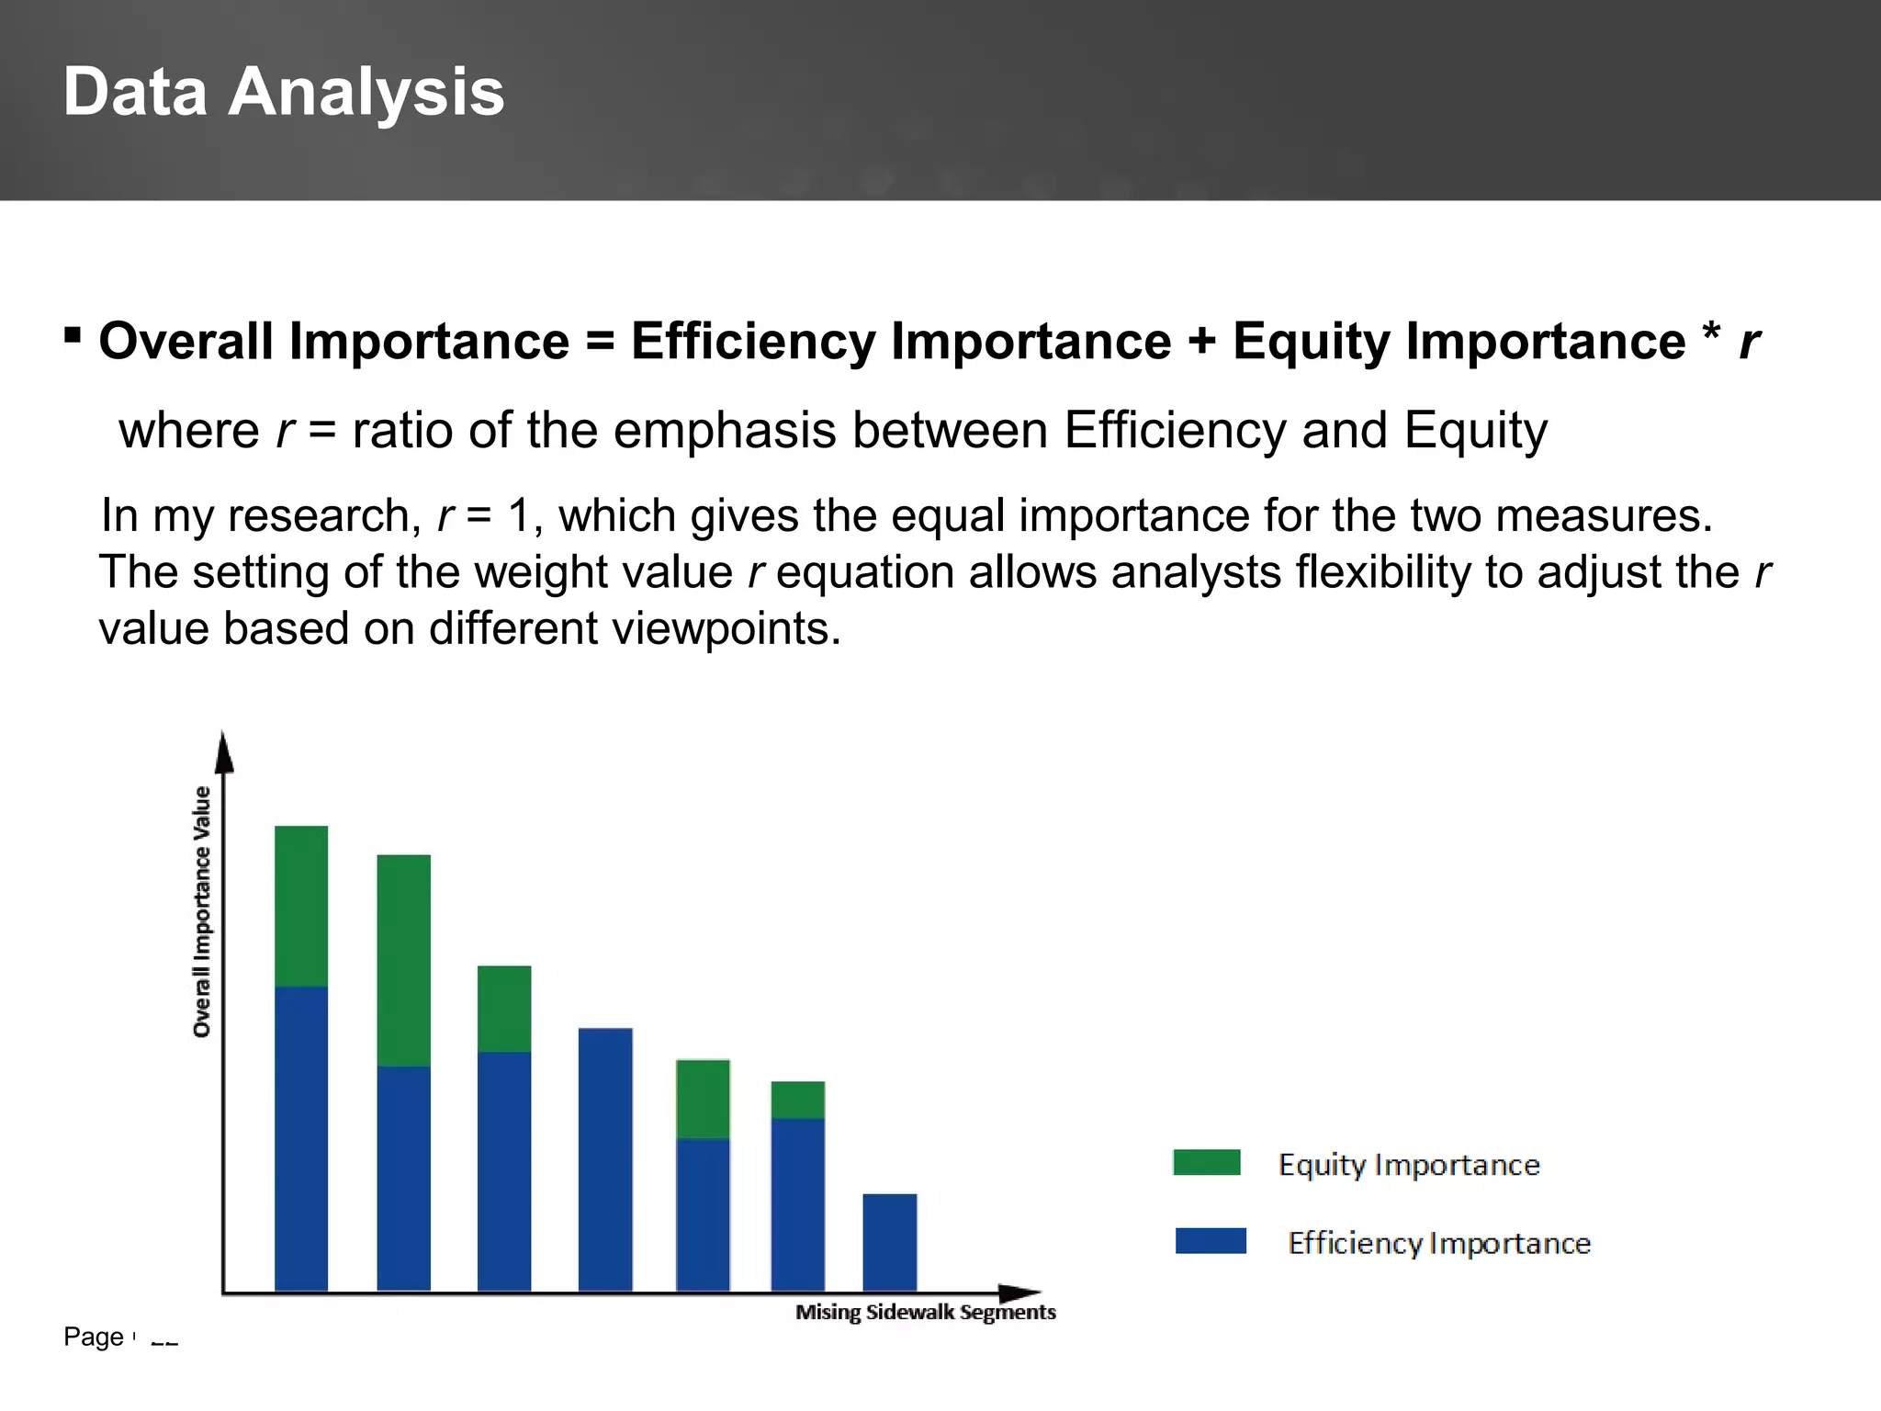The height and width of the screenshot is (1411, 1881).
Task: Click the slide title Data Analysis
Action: (x=283, y=92)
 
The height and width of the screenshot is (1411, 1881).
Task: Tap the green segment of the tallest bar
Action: (x=301, y=905)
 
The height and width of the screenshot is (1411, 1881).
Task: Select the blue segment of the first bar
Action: (x=301, y=1139)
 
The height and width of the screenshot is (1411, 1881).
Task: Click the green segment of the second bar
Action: (x=403, y=960)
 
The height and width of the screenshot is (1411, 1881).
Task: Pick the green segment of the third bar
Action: (x=504, y=1009)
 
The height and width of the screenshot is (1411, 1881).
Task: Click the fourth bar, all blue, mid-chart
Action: (x=605, y=1159)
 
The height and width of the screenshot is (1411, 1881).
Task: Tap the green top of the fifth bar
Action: (x=703, y=1099)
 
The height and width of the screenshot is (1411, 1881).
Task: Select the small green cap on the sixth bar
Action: (x=797, y=1100)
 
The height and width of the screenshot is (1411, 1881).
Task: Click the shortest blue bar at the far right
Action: (x=889, y=1242)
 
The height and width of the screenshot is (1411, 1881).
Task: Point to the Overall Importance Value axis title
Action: (x=201, y=911)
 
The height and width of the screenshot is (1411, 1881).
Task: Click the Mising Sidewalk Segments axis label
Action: (x=925, y=1312)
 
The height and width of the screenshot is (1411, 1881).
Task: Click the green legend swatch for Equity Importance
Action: (x=1206, y=1162)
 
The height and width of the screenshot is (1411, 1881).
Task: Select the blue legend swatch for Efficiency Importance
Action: (x=1211, y=1241)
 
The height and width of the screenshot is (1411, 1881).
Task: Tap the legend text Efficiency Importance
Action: (x=1438, y=1243)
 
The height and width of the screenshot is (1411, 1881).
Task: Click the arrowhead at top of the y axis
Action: (x=223, y=753)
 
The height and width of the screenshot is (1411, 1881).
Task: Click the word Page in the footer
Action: (x=93, y=1337)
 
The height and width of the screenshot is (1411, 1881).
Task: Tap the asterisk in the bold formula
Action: (x=1709, y=333)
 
